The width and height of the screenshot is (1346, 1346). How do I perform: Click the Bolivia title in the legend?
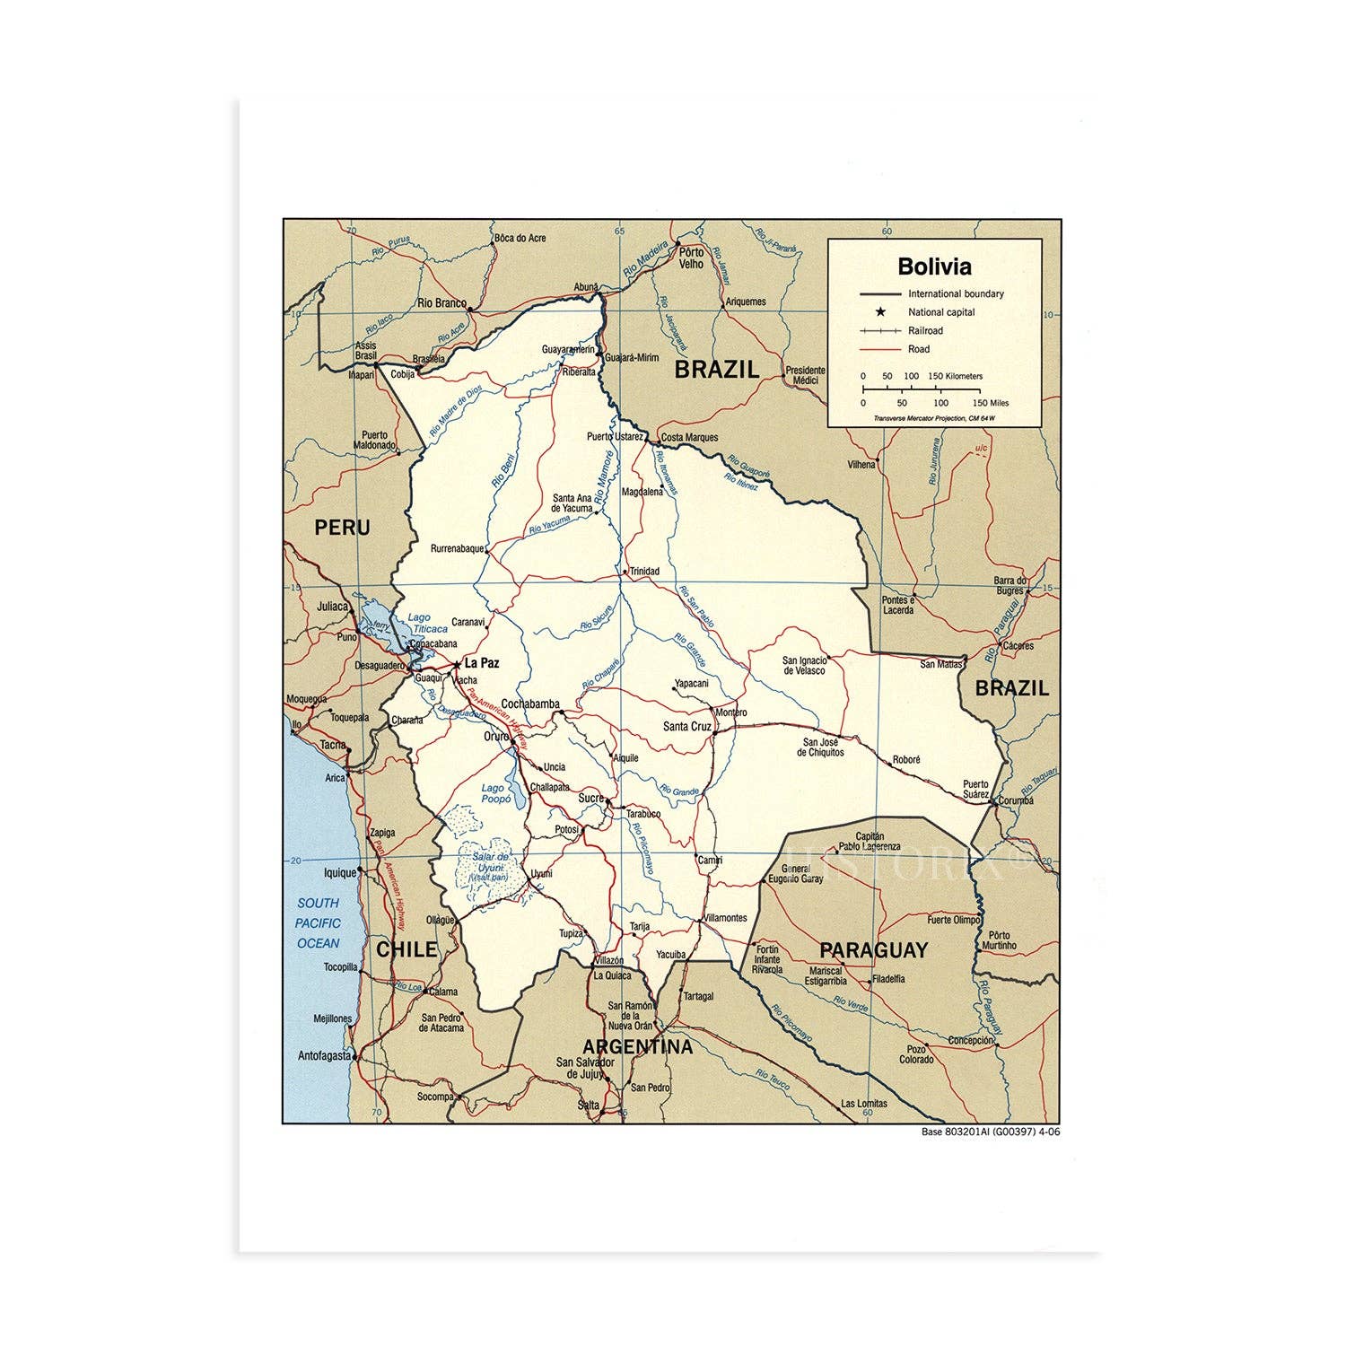click(x=934, y=267)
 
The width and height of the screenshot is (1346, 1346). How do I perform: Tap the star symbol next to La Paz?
click(x=457, y=664)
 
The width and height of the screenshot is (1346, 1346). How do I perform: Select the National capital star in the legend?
click(x=880, y=312)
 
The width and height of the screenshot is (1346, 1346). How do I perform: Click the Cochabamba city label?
click(x=530, y=704)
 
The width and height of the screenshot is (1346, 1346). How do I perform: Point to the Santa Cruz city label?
click(x=686, y=727)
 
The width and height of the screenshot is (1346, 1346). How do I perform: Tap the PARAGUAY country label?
click(x=873, y=949)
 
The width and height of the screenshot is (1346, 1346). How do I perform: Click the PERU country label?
click(x=342, y=528)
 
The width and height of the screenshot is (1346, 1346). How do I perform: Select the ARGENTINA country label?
click(x=637, y=1046)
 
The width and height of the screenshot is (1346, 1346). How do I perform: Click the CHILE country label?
click(x=406, y=949)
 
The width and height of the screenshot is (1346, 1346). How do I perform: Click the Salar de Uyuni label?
click(x=490, y=867)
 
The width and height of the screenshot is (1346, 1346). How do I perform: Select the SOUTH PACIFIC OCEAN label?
click(x=319, y=922)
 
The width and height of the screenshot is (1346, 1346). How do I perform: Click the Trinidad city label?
click(x=644, y=571)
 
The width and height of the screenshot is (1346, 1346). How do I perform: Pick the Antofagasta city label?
click(x=324, y=1056)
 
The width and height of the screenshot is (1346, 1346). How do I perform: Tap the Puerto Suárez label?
click(x=975, y=789)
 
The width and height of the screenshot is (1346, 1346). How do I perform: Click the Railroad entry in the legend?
click(x=925, y=330)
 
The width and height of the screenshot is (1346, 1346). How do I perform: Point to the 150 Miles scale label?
click(x=992, y=403)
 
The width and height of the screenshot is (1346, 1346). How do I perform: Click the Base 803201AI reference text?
click(x=991, y=1132)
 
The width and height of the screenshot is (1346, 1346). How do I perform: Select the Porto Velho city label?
click(x=691, y=258)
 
